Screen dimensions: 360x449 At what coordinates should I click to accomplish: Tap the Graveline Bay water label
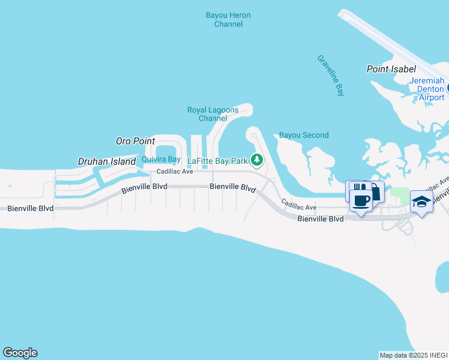331,75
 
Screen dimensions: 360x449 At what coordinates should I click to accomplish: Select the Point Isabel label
391,69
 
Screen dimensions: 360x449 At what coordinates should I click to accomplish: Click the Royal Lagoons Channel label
212,114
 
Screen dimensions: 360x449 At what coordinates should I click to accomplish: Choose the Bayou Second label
304,135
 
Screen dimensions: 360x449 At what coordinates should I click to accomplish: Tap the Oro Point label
135,141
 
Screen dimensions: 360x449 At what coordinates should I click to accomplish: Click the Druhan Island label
107,161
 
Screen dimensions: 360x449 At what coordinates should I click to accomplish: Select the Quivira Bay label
161,159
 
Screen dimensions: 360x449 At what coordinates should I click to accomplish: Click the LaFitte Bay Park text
217,161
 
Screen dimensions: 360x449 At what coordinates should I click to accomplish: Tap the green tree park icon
257,160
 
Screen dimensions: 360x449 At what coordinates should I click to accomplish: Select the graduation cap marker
421,203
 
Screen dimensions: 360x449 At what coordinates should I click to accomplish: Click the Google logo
20,353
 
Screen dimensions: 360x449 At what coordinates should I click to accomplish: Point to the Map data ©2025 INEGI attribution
413,355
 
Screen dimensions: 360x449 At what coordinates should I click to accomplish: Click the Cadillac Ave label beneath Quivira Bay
175,172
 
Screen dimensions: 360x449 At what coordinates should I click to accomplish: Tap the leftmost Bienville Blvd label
30,208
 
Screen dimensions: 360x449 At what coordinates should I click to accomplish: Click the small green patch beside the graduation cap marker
399,192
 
